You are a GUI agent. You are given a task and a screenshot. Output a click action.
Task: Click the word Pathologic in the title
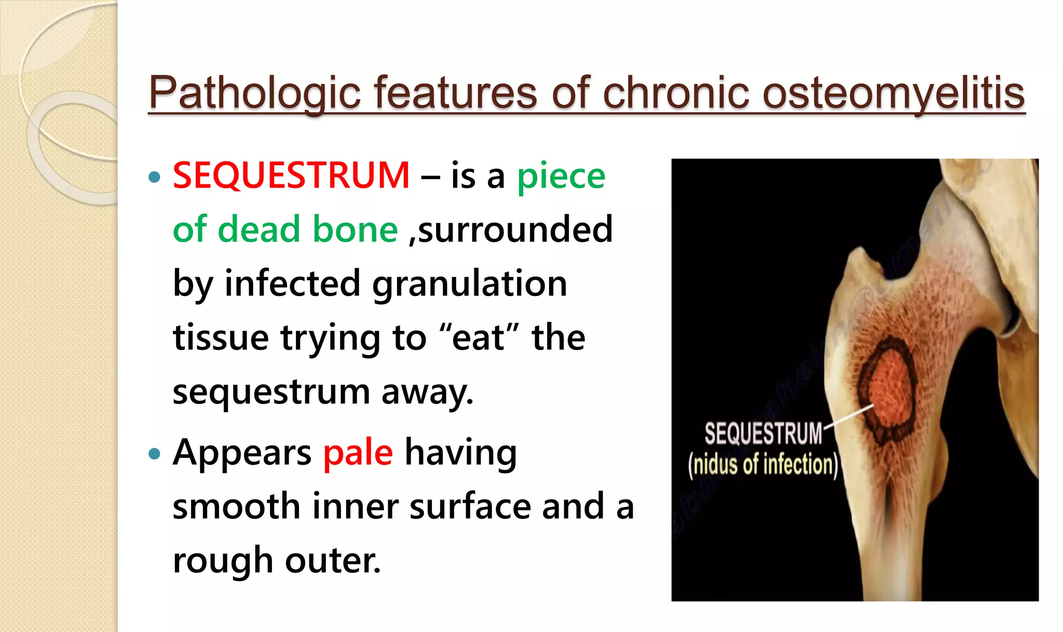click(x=254, y=93)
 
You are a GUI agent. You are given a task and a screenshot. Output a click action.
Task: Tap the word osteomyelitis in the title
click(x=893, y=93)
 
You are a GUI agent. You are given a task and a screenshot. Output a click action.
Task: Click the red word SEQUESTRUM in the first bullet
click(x=291, y=176)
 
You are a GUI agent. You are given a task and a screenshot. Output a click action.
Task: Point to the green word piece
click(x=561, y=177)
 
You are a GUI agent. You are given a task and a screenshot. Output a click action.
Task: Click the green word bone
click(x=355, y=230)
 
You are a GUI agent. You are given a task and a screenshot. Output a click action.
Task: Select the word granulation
click(x=469, y=284)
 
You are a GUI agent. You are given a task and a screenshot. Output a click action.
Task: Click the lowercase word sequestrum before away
click(x=270, y=392)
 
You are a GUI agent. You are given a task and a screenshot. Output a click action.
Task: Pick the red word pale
click(x=358, y=453)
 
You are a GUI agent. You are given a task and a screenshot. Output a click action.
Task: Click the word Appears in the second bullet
click(x=242, y=453)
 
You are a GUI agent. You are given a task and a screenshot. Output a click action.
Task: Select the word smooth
click(x=236, y=507)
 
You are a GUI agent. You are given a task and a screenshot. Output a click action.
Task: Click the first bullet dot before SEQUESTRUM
click(x=154, y=178)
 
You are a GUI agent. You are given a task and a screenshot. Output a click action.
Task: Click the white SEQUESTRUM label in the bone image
click(x=763, y=434)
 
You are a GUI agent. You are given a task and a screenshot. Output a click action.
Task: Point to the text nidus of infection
click(x=763, y=464)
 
